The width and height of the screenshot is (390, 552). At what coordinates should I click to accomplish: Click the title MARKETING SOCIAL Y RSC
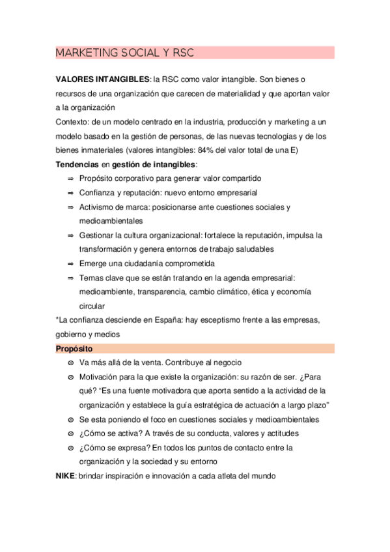coord(125,53)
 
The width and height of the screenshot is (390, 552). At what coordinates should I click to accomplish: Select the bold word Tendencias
coord(77,164)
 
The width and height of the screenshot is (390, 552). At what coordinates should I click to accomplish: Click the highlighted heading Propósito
coord(74,349)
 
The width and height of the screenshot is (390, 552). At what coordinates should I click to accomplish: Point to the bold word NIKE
coord(66,476)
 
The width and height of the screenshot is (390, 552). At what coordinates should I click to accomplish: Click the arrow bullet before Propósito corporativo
coord(70,178)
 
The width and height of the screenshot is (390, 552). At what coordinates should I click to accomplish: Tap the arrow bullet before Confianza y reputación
coord(70,193)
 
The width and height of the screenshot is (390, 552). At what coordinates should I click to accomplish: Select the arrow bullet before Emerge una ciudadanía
coord(70,264)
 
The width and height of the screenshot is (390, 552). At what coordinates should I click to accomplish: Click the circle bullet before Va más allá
coord(70,363)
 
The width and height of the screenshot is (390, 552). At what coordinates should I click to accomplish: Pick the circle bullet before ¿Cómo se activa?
coord(70,434)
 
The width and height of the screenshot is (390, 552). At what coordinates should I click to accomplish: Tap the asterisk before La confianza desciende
coord(57,320)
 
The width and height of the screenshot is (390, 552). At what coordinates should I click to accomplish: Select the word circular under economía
coord(92,306)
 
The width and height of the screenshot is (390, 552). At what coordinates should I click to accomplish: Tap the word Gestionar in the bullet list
coord(97,235)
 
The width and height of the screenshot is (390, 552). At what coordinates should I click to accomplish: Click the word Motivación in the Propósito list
coord(99,377)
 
